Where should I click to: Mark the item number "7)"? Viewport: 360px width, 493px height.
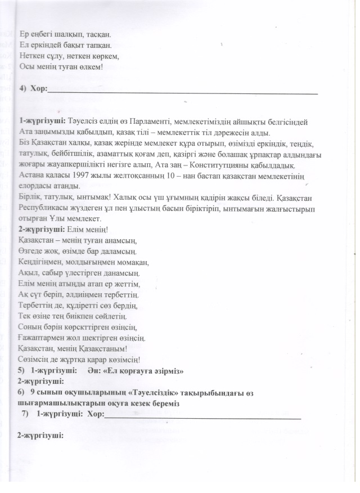[x=24, y=414]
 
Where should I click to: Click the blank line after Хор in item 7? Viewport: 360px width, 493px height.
[x=202, y=415]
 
